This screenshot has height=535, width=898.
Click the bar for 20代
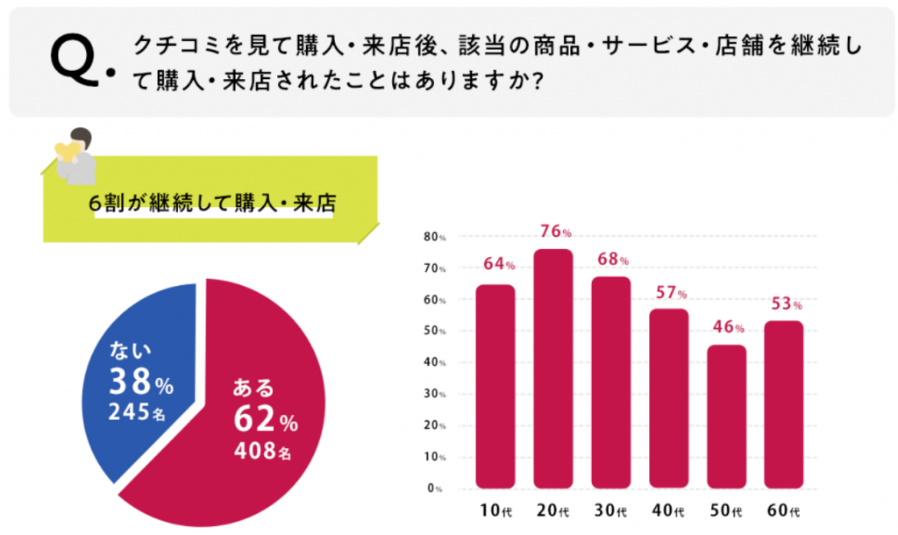coord(552,368)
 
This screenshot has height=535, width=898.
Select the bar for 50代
coord(726,417)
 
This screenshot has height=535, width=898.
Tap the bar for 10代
coord(495,386)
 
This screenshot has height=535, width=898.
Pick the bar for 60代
coord(784,403)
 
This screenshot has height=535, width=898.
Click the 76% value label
coord(554,232)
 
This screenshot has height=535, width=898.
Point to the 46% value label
coord(727,328)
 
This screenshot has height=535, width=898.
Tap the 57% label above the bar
coord(670,294)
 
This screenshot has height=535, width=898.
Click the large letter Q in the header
coord(74,61)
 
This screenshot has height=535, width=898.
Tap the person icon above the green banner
coord(74,153)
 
